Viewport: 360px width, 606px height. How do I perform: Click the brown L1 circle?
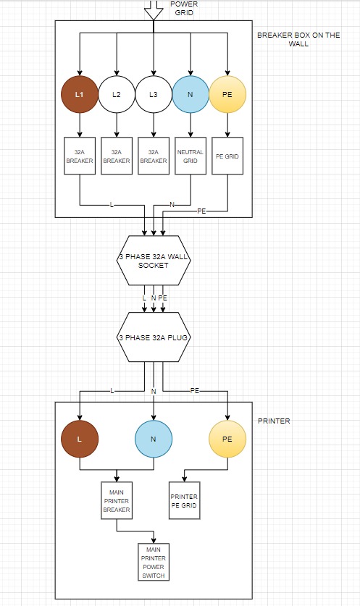pyautogui.click(x=80, y=94)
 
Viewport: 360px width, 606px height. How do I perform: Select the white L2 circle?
pyautogui.click(x=117, y=94)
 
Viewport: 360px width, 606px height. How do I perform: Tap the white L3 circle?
pyautogui.click(x=154, y=94)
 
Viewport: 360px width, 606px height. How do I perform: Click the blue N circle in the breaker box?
pyautogui.click(x=191, y=94)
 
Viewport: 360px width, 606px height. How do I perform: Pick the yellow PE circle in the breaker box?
pyautogui.click(x=227, y=94)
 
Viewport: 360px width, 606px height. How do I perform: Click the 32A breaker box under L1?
pyautogui.click(x=80, y=156)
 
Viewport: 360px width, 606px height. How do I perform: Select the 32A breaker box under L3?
pyautogui.click(x=154, y=156)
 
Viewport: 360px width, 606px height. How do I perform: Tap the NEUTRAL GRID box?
pyautogui.click(x=191, y=156)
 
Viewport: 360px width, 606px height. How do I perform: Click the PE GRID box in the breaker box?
pyautogui.click(x=227, y=156)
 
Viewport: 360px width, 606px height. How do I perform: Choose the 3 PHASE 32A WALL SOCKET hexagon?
pyautogui.click(x=154, y=261)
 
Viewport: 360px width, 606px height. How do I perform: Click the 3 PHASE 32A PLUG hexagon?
pyautogui.click(x=154, y=337)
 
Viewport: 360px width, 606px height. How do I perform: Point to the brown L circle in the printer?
pyautogui.click(x=80, y=439)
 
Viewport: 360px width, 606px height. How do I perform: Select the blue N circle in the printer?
pyautogui.click(x=154, y=439)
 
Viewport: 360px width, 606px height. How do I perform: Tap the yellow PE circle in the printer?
pyautogui.click(x=227, y=439)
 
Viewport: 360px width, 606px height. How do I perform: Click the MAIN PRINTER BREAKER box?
pyautogui.click(x=117, y=500)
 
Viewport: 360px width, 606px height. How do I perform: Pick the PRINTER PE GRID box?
pyautogui.click(x=185, y=500)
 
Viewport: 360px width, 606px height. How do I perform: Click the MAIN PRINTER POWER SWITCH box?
pyautogui.click(x=154, y=562)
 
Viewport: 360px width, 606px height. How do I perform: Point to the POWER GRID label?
pyautogui.click(x=184, y=8)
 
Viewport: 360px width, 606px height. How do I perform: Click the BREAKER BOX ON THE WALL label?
pyautogui.click(x=298, y=39)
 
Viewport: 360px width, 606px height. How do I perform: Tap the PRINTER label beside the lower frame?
pyautogui.click(x=274, y=421)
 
